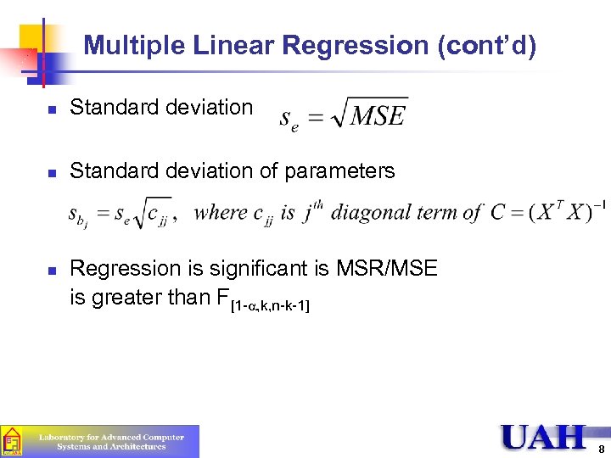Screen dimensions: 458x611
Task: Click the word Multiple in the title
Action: [x=135, y=45]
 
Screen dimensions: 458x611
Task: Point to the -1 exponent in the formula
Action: [x=598, y=204]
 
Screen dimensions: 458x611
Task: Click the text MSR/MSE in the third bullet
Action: [x=388, y=270]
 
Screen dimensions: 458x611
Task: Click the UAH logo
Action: [x=542, y=437]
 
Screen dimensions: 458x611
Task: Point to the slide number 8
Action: [x=601, y=448]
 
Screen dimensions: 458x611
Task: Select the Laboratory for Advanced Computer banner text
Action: [x=111, y=438]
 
